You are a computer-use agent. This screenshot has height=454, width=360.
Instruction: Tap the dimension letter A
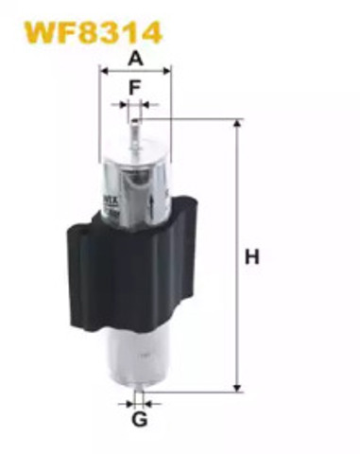point(135,58)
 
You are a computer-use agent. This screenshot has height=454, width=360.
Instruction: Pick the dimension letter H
point(251,255)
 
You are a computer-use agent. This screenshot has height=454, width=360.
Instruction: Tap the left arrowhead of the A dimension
point(103,70)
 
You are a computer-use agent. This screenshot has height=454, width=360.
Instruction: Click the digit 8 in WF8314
point(82,31)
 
